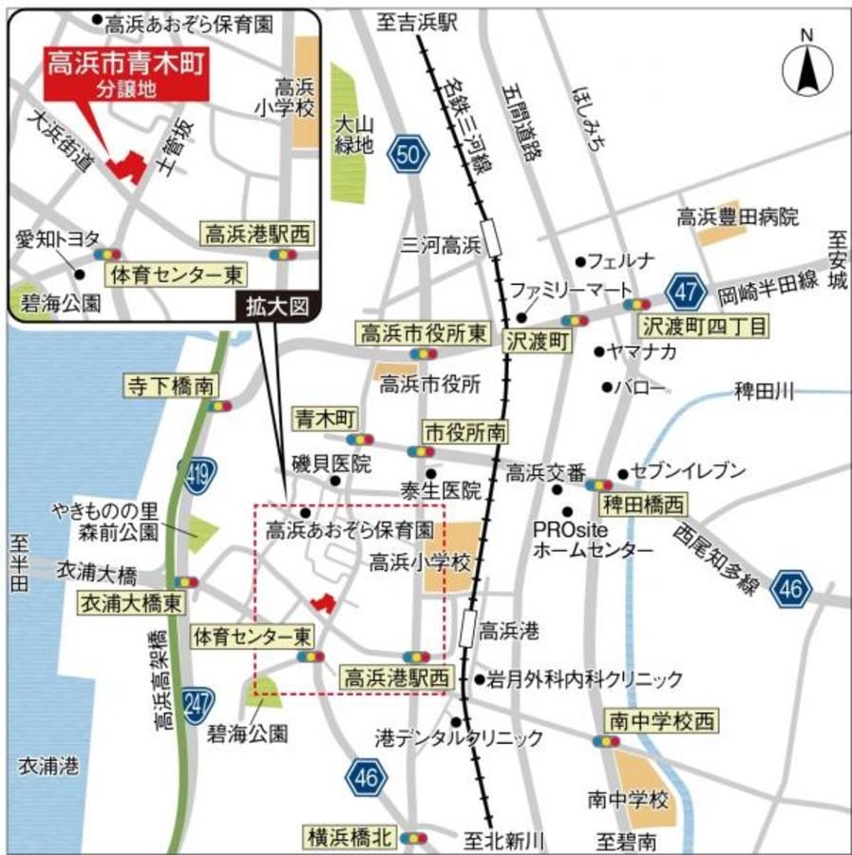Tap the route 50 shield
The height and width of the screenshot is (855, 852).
[x=408, y=155]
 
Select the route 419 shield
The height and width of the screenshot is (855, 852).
[x=199, y=469]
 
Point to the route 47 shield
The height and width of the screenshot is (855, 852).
[x=684, y=289]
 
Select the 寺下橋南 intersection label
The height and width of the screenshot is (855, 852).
[x=171, y=386]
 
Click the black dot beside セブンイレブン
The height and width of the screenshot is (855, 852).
[x=623, y=473]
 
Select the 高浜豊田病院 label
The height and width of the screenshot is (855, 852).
[x=737, y=217]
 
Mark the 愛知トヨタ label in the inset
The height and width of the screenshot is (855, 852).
[x=54, y=239]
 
